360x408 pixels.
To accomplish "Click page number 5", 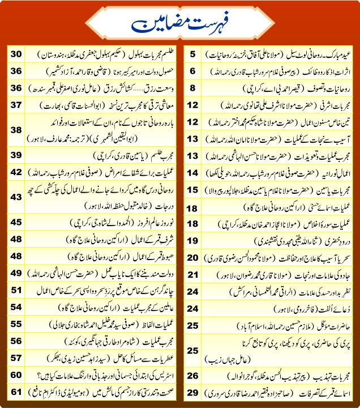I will coord(192,54).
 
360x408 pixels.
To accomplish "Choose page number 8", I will coord(192,88).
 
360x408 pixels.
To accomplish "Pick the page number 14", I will coord(192,172).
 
